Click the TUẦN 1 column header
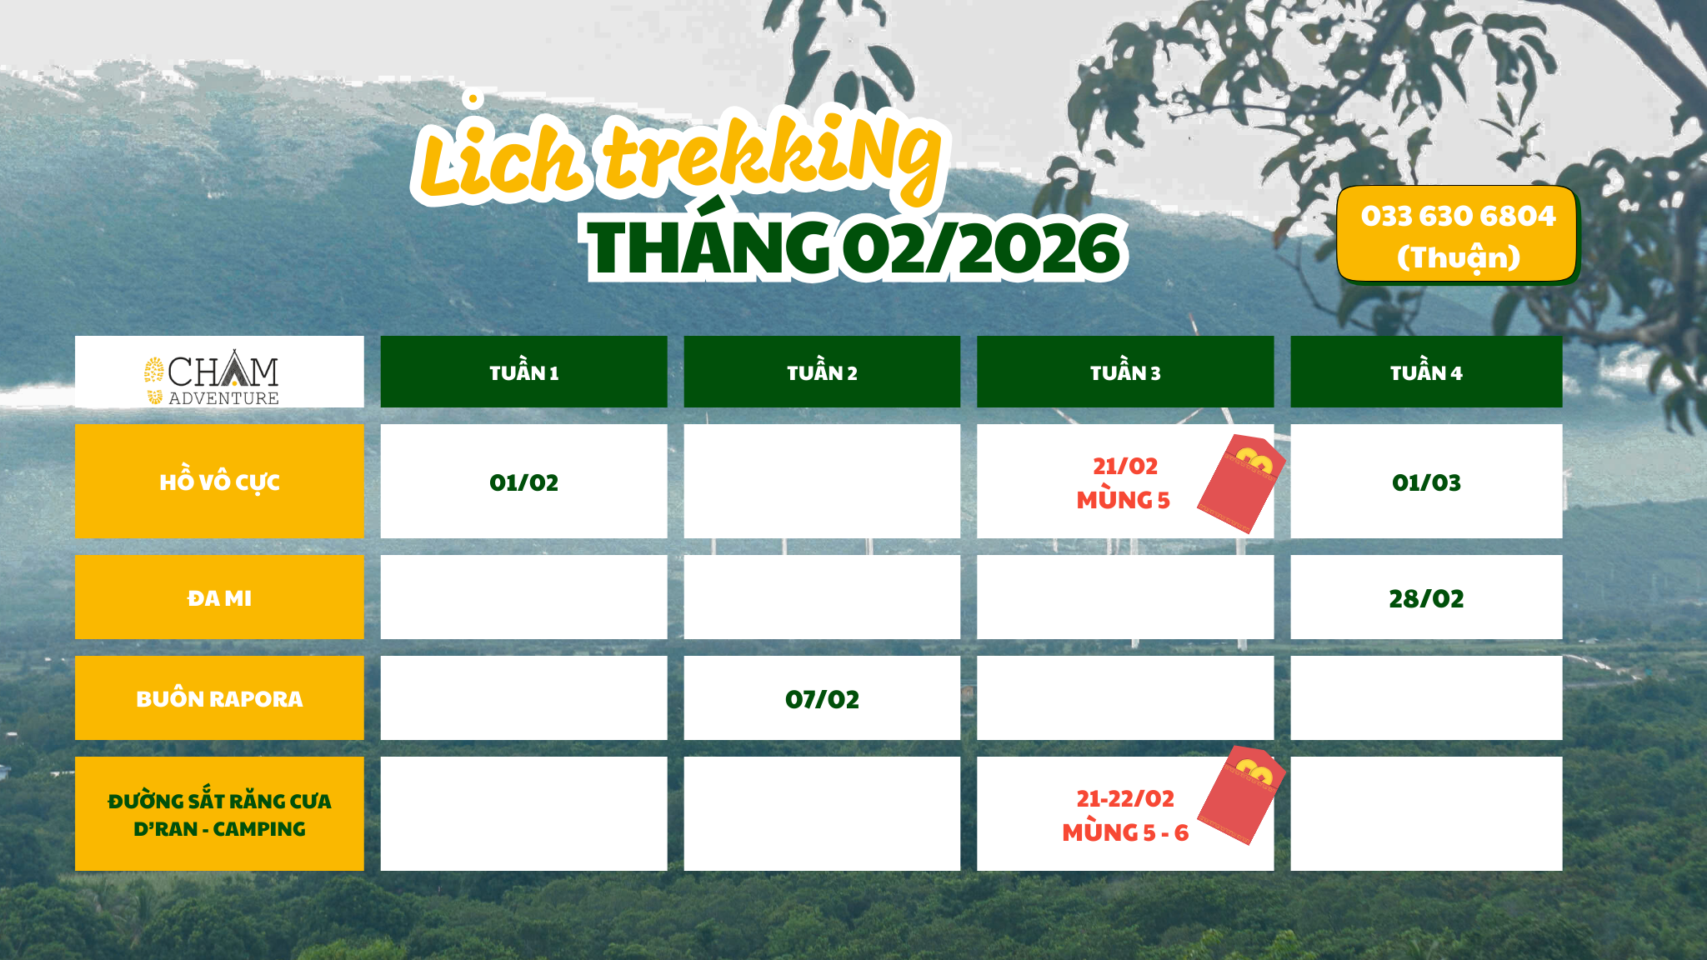523,372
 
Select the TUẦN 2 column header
822,372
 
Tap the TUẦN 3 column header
1125,372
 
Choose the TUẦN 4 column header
1426,372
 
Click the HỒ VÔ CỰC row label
219,481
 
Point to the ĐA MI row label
219,597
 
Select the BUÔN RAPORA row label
219,698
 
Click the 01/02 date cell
523,482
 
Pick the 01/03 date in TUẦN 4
1426,482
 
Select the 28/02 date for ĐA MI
1426,598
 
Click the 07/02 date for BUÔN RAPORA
822,699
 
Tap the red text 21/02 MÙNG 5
1124,482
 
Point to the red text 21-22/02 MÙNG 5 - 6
1125,815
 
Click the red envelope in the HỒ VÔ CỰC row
1241,483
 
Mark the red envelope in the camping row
1241,796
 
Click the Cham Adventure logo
212,377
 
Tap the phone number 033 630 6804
1458,216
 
